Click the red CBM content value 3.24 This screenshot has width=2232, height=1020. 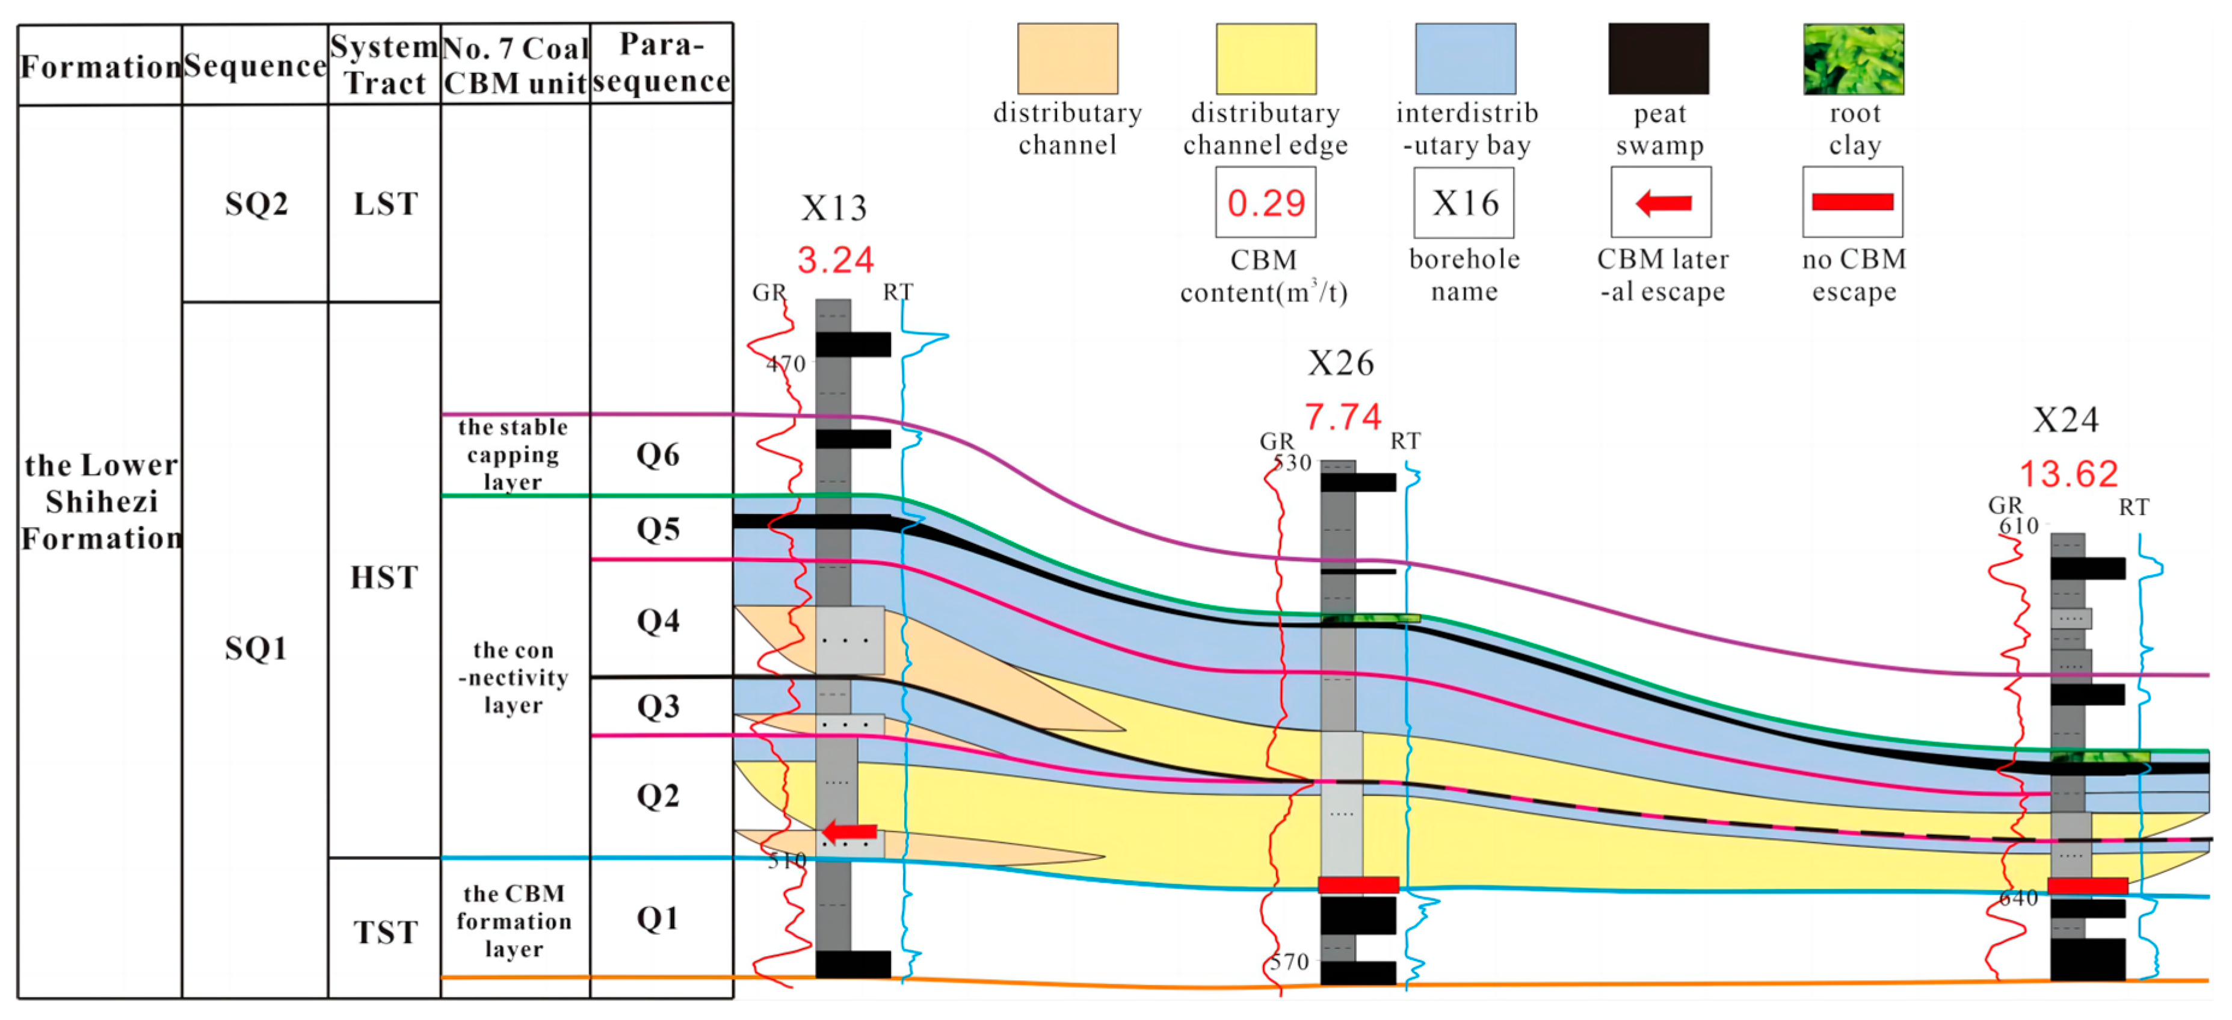pyautogui.click(x=835, y=260)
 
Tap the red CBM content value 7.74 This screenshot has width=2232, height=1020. pyautogui.click(x=1342, y=417)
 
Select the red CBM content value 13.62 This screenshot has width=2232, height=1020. pyautogui.click(x=2068, y=474)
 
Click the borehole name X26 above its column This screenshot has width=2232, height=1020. pyautogui.click(x=1340, y=363)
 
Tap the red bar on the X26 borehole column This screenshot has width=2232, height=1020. pyautogui.click(x=1358, y=885)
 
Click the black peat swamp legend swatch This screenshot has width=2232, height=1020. pyautogui.click(x=1659, y=59)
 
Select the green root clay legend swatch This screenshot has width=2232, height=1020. pyautogui.click(x=1854, y=59)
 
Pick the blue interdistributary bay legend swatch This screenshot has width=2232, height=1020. pyautogui.click(x=1465, y=59)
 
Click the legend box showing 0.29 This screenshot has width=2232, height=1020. pyautogui.click(x=1265, y=203)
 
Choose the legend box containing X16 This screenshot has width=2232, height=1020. pyautogui.click(x=1464, y=203)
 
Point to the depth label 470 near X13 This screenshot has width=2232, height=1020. pyautogui.click(x=786, y=364)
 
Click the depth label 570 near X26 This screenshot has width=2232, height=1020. pyautogui.click(x=1289, y=962)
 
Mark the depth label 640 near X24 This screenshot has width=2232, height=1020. pyautogui.click(x=2018, y=898)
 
